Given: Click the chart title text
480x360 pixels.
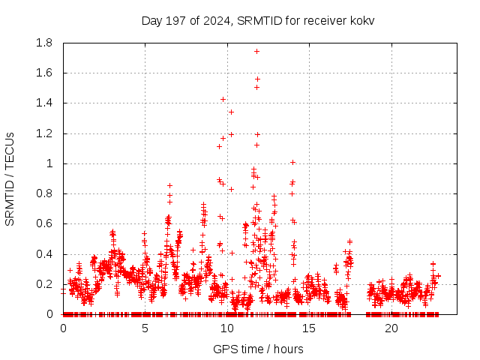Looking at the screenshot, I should [258, 20].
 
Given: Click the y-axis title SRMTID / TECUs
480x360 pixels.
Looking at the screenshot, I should [10, 178].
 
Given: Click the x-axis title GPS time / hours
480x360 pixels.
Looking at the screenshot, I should [258, 349].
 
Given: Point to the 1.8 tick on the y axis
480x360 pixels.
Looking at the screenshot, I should [43, 43].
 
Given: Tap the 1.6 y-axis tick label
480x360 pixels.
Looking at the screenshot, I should [43, 73].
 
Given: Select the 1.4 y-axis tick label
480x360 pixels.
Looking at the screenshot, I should [43, 103].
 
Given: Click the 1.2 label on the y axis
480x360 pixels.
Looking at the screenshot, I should [43, 133].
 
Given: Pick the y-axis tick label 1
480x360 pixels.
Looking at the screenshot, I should [49, 163].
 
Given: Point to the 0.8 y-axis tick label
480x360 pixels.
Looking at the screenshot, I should [43, 193].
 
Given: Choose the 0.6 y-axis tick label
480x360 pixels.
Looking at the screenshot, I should [43, 223].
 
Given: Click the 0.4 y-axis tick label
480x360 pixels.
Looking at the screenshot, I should [43, 254].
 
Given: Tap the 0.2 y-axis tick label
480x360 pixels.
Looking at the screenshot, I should [43, 284].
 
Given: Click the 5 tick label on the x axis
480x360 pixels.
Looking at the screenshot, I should [145, 328].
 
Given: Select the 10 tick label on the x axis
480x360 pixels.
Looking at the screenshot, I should [227, 328].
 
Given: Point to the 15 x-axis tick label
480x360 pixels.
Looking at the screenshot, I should [310, 328].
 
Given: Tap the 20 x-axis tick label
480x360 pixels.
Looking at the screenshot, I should [391, 328].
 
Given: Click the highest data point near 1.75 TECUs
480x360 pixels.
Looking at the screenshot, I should [256, 51].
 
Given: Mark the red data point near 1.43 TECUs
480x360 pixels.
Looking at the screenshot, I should [223, 99].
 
